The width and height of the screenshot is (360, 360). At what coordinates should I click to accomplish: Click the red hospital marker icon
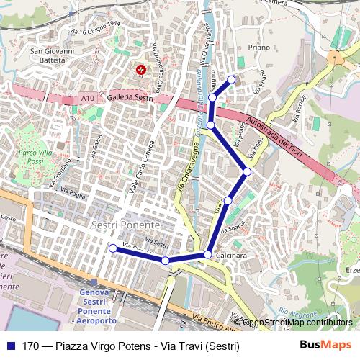tap(141, 69)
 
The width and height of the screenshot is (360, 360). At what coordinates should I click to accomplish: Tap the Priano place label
tap(258, 48)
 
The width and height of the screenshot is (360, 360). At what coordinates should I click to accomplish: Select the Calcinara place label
tap(230, 256)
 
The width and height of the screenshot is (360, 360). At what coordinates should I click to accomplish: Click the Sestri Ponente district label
tap(120, 225)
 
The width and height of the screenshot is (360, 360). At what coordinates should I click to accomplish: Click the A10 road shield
tap(88, 98)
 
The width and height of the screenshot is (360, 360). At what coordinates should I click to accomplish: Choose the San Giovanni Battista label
tap(51, 56)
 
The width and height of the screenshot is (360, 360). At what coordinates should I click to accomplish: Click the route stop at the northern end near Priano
tap(231, 79)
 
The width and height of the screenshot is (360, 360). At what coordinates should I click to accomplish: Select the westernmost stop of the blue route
tap(112, 248)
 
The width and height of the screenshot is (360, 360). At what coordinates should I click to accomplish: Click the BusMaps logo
tap(325, 346)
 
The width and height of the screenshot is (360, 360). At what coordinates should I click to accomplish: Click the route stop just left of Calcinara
tap(208, 254)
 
